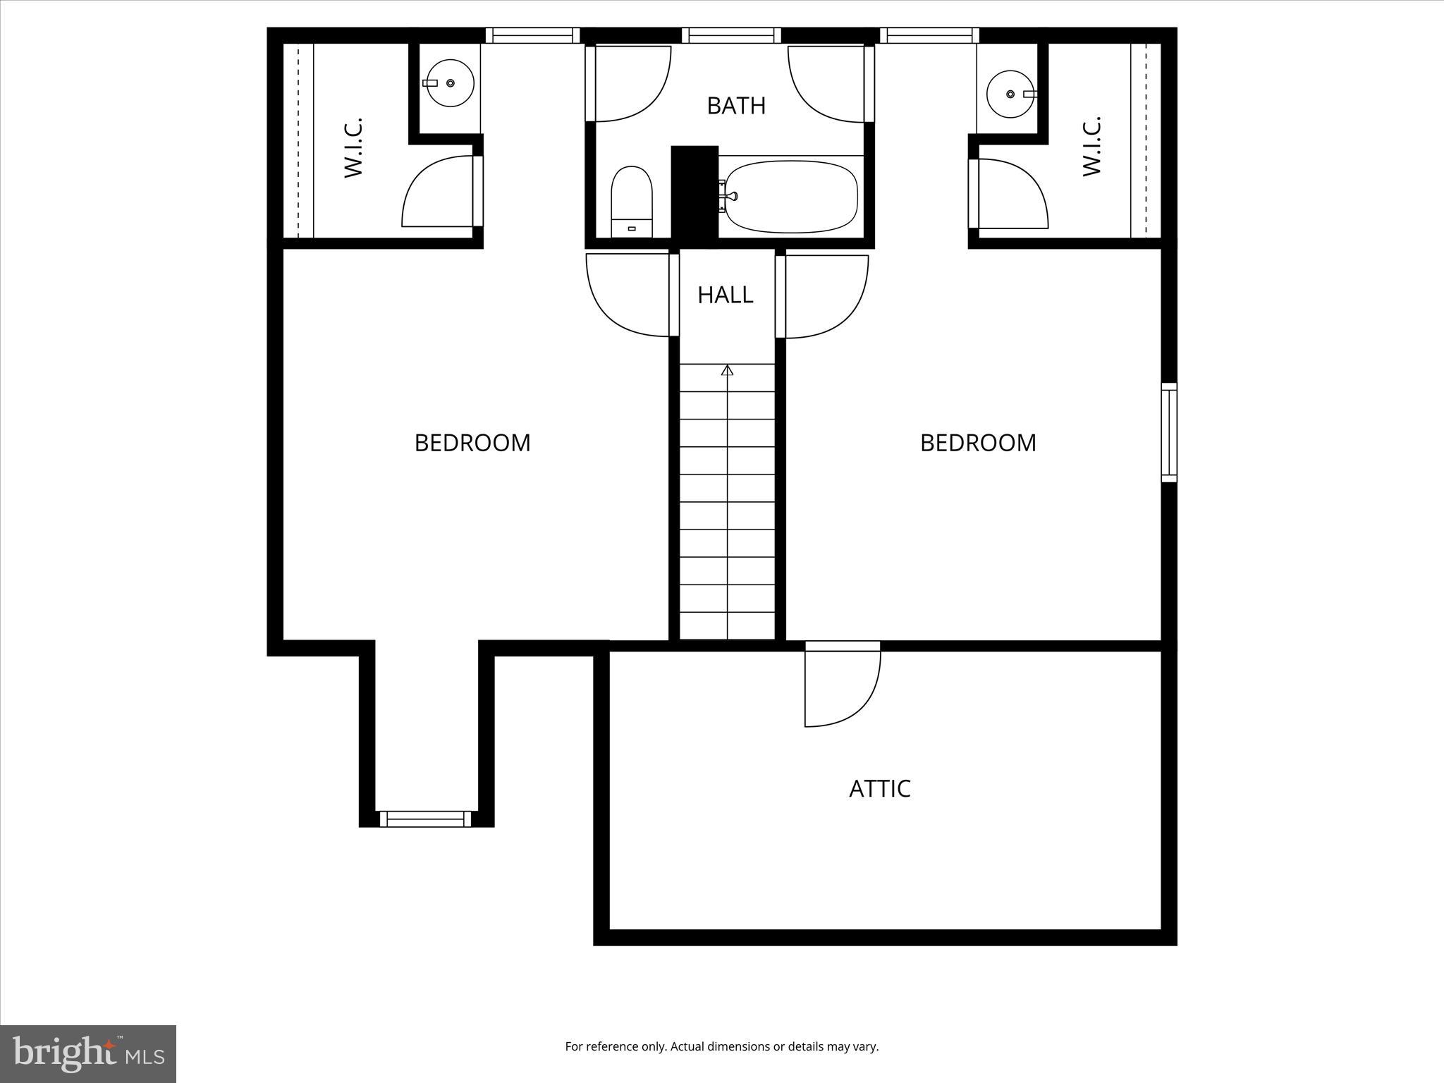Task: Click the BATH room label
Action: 735,106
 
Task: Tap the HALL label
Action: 725,295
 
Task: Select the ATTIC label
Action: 879,788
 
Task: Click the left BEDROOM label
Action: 472,443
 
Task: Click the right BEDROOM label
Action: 977,443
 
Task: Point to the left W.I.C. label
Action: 353,147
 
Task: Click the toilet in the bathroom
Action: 631,202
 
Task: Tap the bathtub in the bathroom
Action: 791,196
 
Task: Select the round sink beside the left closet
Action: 450,83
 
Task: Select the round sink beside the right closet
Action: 1010,94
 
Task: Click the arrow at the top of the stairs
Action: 727,370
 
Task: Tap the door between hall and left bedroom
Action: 628,295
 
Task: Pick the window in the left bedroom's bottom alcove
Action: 425,819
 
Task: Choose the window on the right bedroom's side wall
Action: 1168,433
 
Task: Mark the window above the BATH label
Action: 731,35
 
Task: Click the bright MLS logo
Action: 88,1053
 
